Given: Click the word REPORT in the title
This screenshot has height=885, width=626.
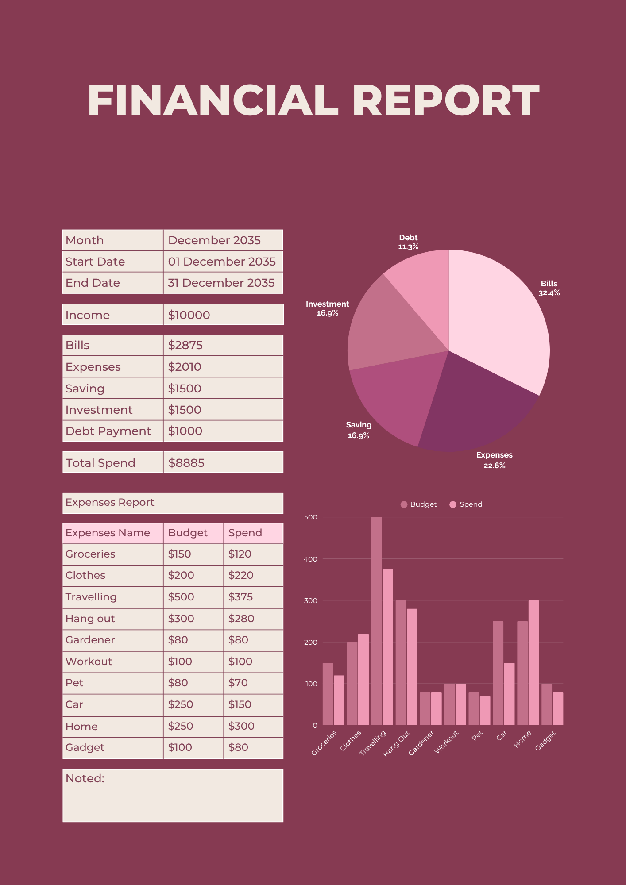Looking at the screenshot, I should tap(445, 101).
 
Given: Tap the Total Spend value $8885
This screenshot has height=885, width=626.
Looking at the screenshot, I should tap(186, 463).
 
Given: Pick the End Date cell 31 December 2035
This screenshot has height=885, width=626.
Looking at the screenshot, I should tap(221, 283).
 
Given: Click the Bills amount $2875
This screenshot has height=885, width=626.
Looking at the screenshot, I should tap(185, 345).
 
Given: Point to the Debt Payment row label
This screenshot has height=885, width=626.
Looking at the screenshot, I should tap(108, 431).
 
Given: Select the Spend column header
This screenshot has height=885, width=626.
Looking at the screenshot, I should tap(245, 533).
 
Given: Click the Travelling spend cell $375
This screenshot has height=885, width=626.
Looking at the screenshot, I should tap(240, 597).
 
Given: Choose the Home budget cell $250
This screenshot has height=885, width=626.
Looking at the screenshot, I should tap(180, 726).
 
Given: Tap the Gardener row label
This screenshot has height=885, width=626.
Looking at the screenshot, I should tap(90, 640).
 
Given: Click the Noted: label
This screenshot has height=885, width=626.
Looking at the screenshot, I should tap(85, 778).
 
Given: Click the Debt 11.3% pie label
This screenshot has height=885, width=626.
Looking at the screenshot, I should tap(408, 242).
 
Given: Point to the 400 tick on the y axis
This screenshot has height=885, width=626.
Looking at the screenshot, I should tap(311, 559).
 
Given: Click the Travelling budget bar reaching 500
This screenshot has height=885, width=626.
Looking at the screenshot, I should tap(376, 619).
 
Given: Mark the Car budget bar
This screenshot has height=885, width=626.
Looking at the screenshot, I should tap(498, 673).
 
